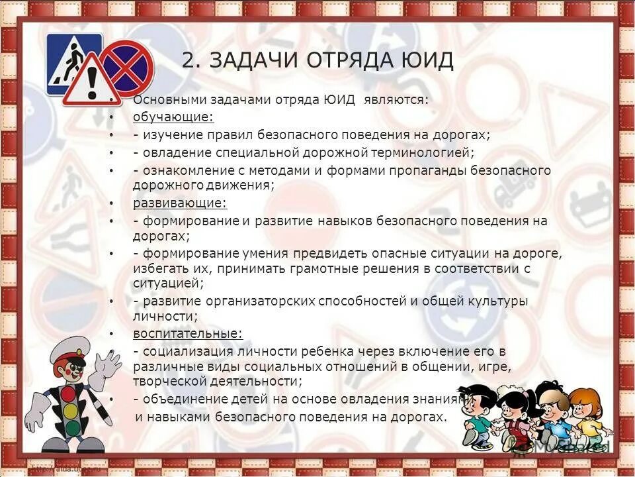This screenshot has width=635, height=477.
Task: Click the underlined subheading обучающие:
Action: coord(173,117)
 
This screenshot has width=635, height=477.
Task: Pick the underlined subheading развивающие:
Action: coord(180,203)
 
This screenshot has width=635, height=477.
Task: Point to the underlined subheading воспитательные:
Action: coord(188,333)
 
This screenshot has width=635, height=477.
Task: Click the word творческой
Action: coord(172,382)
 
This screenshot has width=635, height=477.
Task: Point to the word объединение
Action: coord(183,399)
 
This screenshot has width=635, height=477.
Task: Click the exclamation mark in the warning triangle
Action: coord(91,83)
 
